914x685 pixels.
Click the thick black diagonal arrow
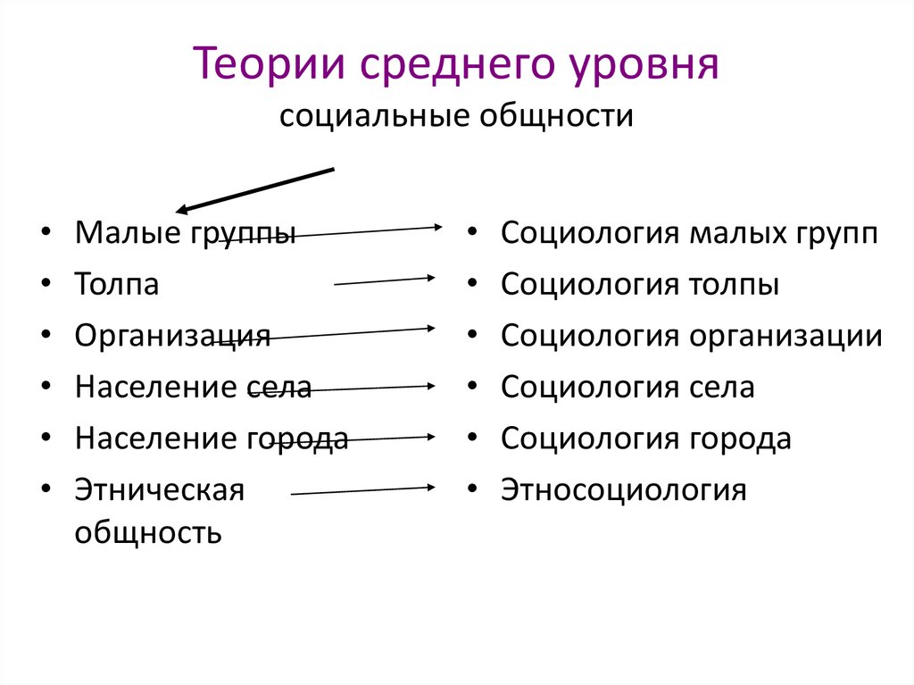tap(255, 189)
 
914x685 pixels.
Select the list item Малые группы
tap(185, 234)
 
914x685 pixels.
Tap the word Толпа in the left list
tap(117, 285)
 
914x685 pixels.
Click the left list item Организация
tap(172, 336)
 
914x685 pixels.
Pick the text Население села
tap(193, 388)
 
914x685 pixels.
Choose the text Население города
tap(212, 439)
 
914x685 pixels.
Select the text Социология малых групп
tap(689, 234)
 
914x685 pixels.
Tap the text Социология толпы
tap(640, 285)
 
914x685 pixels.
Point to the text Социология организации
tap(692, 336)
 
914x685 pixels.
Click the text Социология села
tap(627, 388)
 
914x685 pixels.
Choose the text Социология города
tap(646, 439)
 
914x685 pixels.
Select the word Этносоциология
tap(623, 490)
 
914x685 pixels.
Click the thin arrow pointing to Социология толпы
tap(384, 281)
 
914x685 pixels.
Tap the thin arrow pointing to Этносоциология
tap(362, 490)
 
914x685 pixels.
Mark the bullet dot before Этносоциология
tap(470, 490)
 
